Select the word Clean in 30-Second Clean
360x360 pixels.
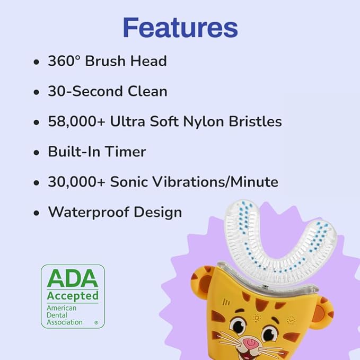point(148,91)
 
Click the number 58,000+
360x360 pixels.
point(76,121)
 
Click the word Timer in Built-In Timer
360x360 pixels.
point(126,152)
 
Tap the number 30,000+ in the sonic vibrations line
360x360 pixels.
point(76,182)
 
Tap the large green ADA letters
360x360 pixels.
point(73,278)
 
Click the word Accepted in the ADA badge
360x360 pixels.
point(73,295)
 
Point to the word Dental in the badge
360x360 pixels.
point(58,314)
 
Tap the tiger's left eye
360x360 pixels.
point(239,324)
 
